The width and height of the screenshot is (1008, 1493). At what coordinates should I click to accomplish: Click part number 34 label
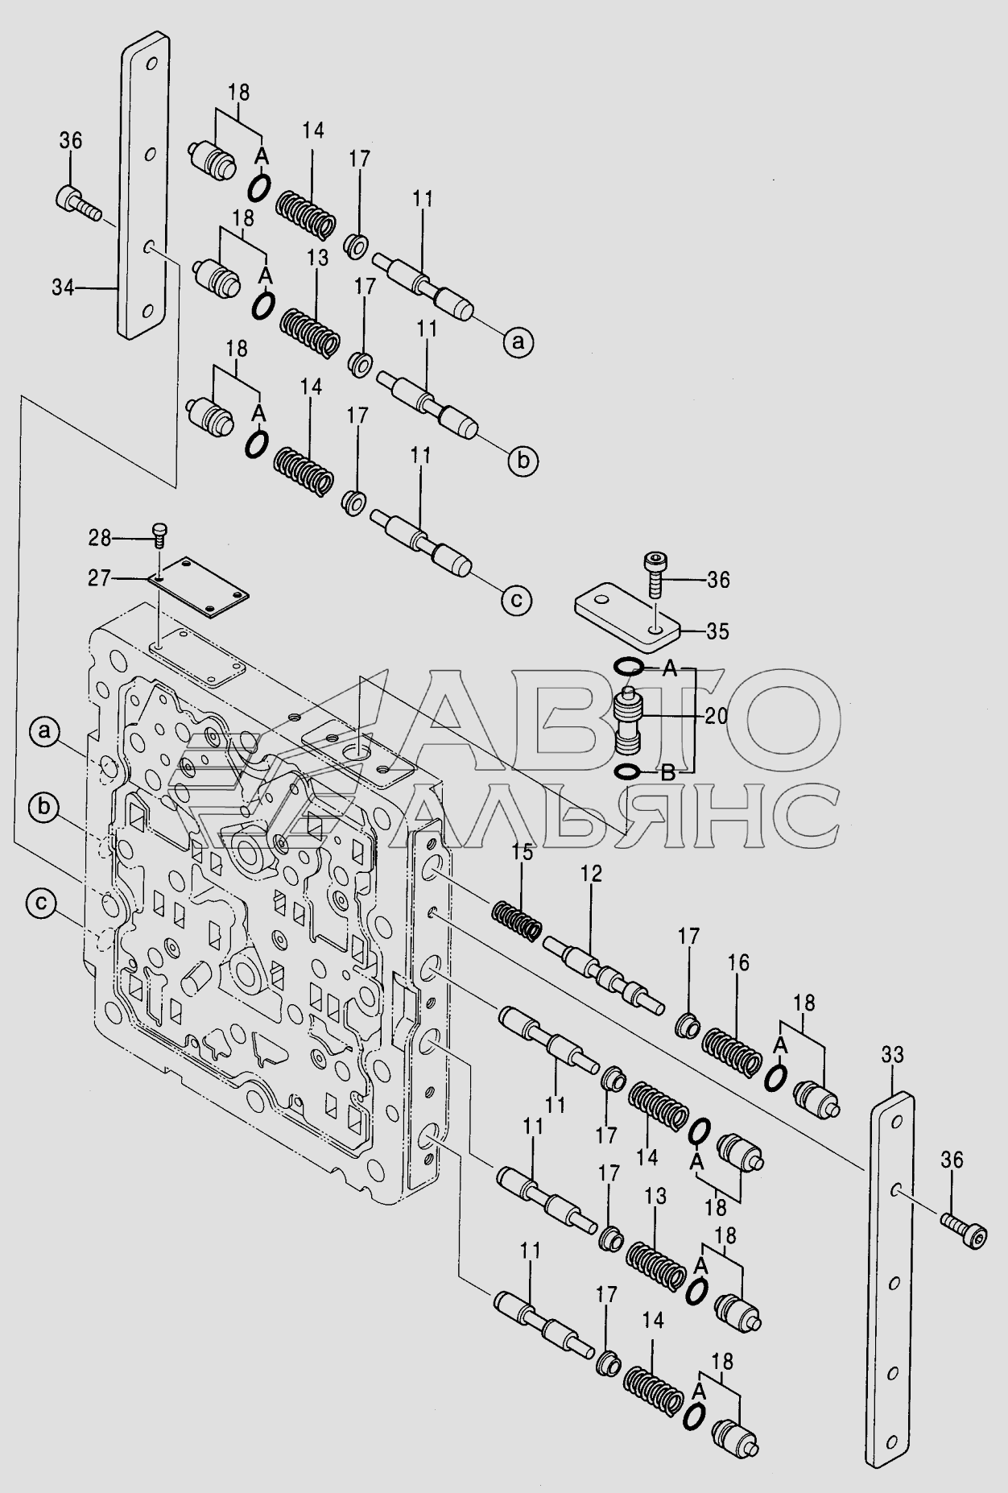click(63, 287)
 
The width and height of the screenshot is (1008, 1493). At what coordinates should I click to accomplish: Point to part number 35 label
click(717, 632)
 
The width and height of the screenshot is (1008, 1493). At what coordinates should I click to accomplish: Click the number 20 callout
click(717, 715)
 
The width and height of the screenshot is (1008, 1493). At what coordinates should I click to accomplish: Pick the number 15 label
click(522, 853)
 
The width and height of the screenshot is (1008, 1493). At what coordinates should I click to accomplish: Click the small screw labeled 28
click(160, 531)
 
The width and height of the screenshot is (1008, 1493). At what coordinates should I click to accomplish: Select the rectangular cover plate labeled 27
click(200, 590)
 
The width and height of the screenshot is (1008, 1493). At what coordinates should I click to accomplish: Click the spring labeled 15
click(516, 920)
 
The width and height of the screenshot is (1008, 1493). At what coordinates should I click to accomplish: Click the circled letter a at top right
click(518, 343)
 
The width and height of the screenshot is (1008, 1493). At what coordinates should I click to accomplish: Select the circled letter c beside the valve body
click(39, 904)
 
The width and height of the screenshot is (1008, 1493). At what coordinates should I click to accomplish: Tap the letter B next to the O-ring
click(667, 774)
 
